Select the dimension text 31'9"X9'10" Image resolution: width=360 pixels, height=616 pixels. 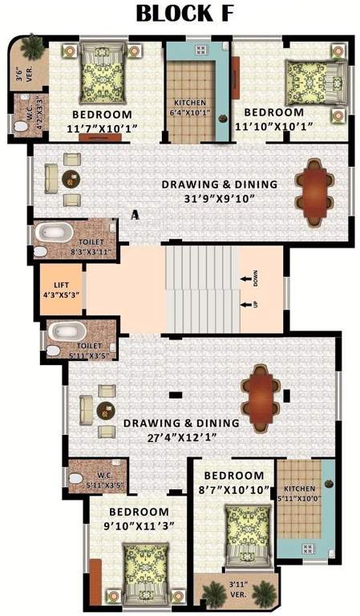click(x=220, y=199)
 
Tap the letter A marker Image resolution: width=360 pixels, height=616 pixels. click(x=135, y=214)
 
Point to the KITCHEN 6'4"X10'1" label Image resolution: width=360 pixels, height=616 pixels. click(x=190, y=107)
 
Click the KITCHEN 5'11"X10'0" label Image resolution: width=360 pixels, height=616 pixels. click(x=304, y=494)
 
